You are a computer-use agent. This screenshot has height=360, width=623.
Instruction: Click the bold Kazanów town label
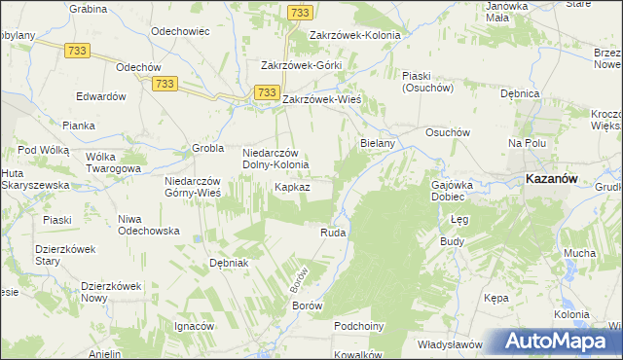(553, 179)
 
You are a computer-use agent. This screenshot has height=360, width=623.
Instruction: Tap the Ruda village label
(333, 234)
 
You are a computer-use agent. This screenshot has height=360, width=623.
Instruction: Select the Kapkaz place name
(292, 186)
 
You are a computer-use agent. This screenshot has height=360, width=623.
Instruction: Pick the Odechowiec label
(182, 31)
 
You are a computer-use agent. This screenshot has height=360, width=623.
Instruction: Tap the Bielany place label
(377, 143)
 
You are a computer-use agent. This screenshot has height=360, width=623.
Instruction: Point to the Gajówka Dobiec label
(452, 190)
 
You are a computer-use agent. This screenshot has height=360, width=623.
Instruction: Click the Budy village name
(452, 240)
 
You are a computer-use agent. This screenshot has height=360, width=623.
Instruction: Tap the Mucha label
(579, 253)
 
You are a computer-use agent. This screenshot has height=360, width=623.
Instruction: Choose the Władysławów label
(450, 344)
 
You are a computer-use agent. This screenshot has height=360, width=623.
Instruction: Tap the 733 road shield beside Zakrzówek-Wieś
(267, 91)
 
